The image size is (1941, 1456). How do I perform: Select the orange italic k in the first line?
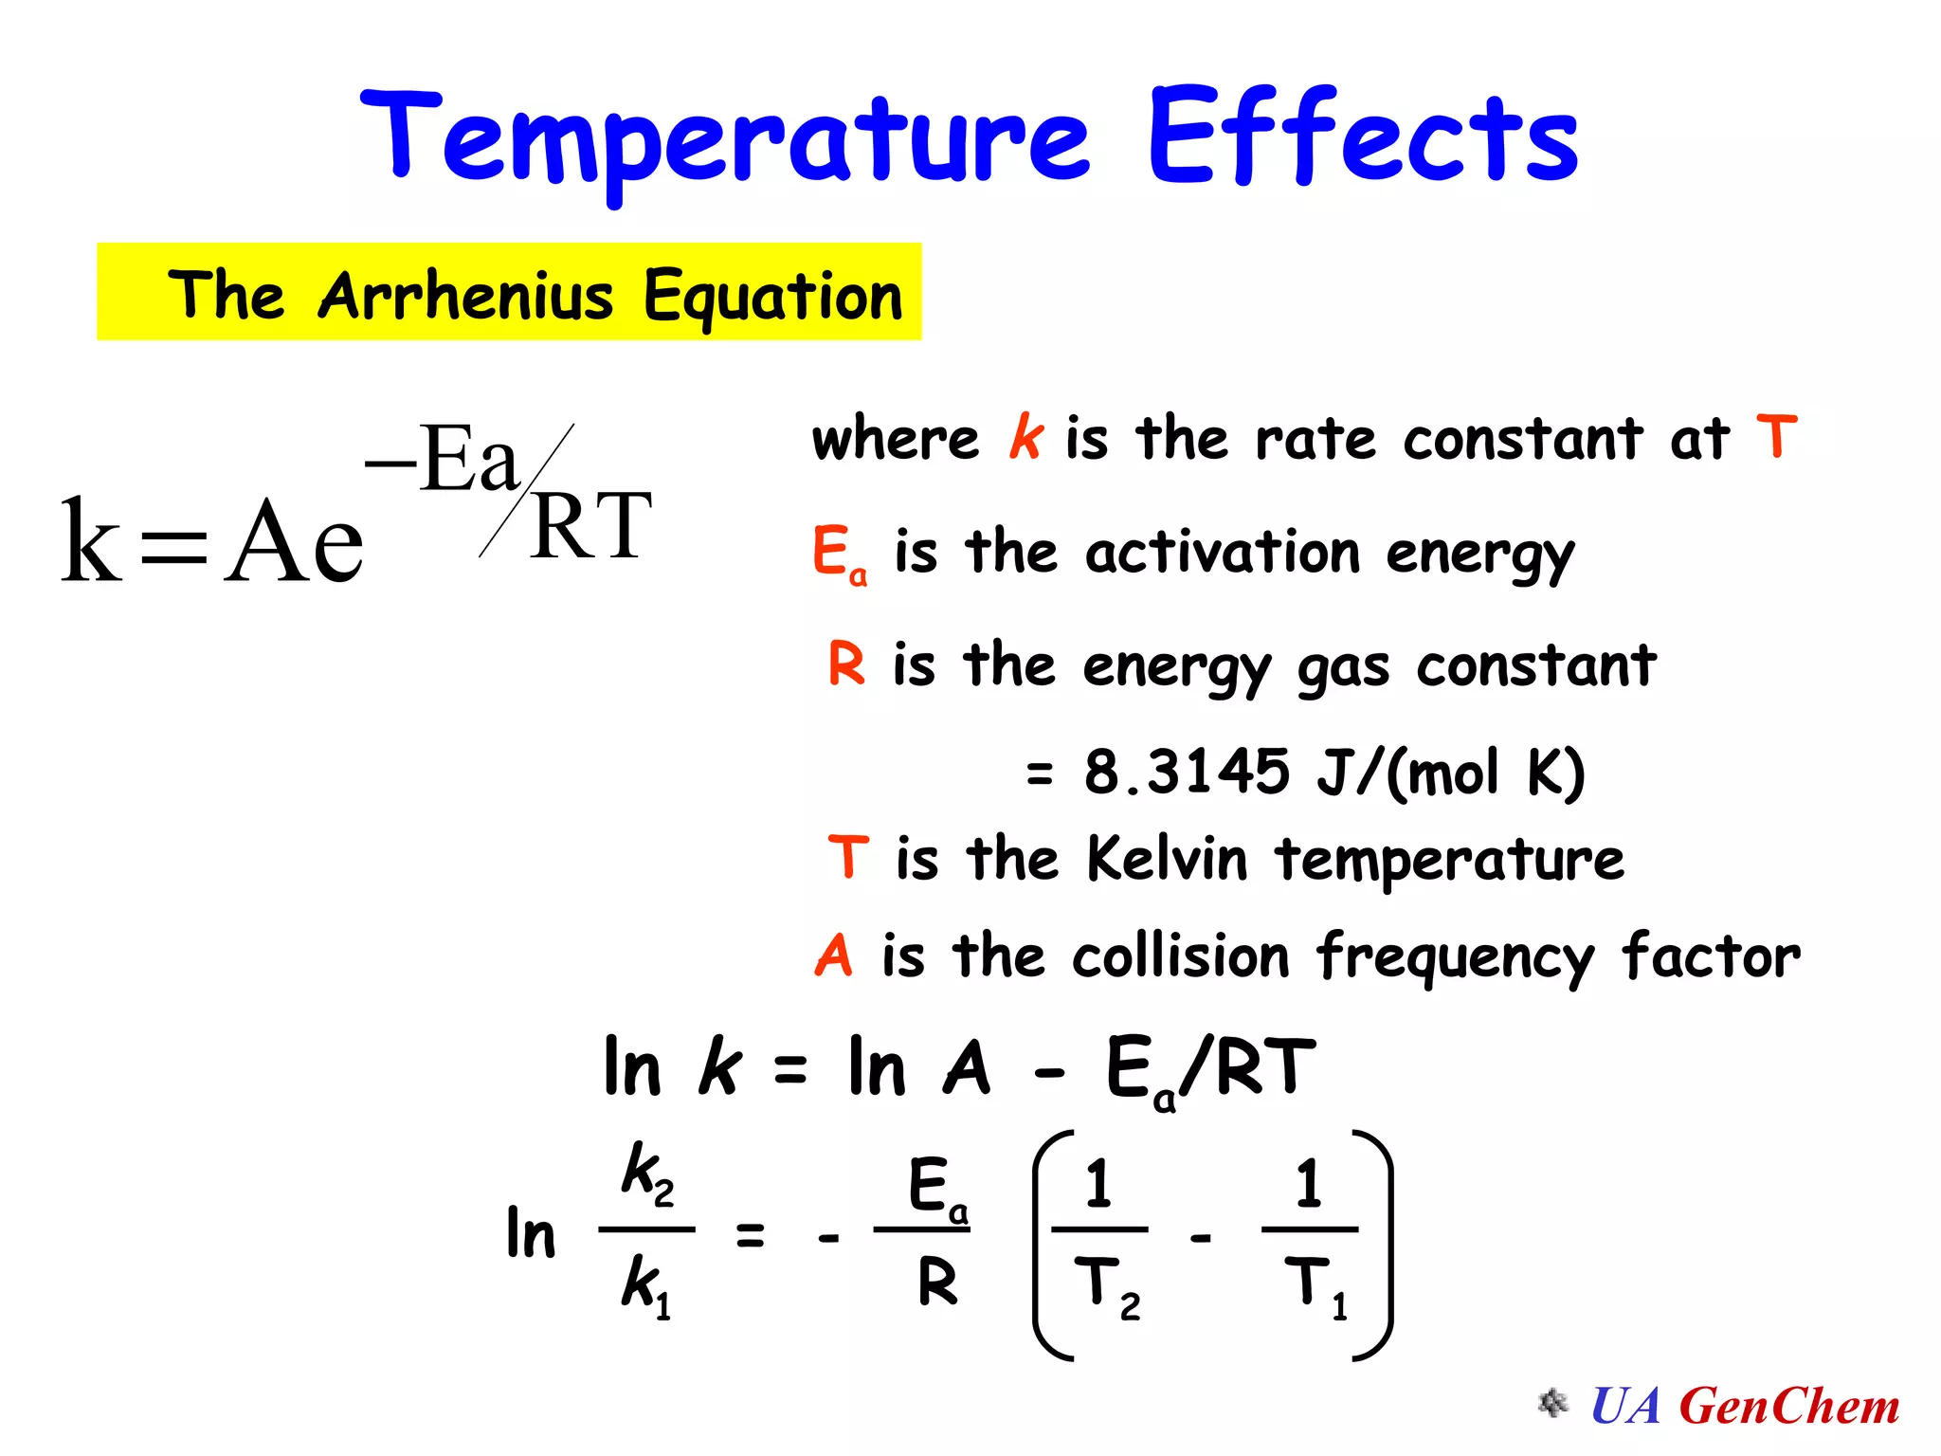click(x=1025, y=438)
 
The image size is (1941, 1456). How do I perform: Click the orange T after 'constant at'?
click(x=1776, y=437)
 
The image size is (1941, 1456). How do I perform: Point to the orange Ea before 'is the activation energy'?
click(x=839, y=555)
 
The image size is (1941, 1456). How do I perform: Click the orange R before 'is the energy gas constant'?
click(x=846, y=663)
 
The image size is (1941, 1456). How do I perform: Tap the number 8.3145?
click(x=1187, y=772)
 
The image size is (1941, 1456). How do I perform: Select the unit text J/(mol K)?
click(x=1450, y=773)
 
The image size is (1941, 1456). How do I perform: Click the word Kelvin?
click(x=1167, y=859)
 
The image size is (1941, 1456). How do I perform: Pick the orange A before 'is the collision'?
click(x=834, y=955)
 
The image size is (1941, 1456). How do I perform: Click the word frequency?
click(x=1456, y=957)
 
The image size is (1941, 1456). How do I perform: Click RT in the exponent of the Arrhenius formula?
click(x=591, y=527)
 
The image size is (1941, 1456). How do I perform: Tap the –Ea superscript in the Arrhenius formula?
click(x=443, y=461)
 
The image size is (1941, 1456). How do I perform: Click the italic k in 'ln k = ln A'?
click(x=719, y=1067)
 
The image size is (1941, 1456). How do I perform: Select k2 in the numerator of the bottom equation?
click(x=647, y=1174)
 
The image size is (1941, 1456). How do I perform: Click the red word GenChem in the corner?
click(x=1789, y=1406)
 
